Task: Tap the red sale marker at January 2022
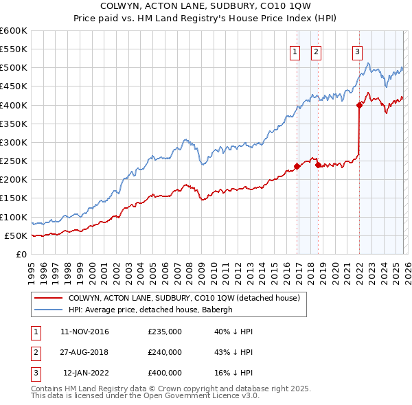point(359,105)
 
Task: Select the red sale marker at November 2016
point(297,166)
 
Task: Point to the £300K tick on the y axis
point(14,142)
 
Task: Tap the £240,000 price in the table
point(165,352)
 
